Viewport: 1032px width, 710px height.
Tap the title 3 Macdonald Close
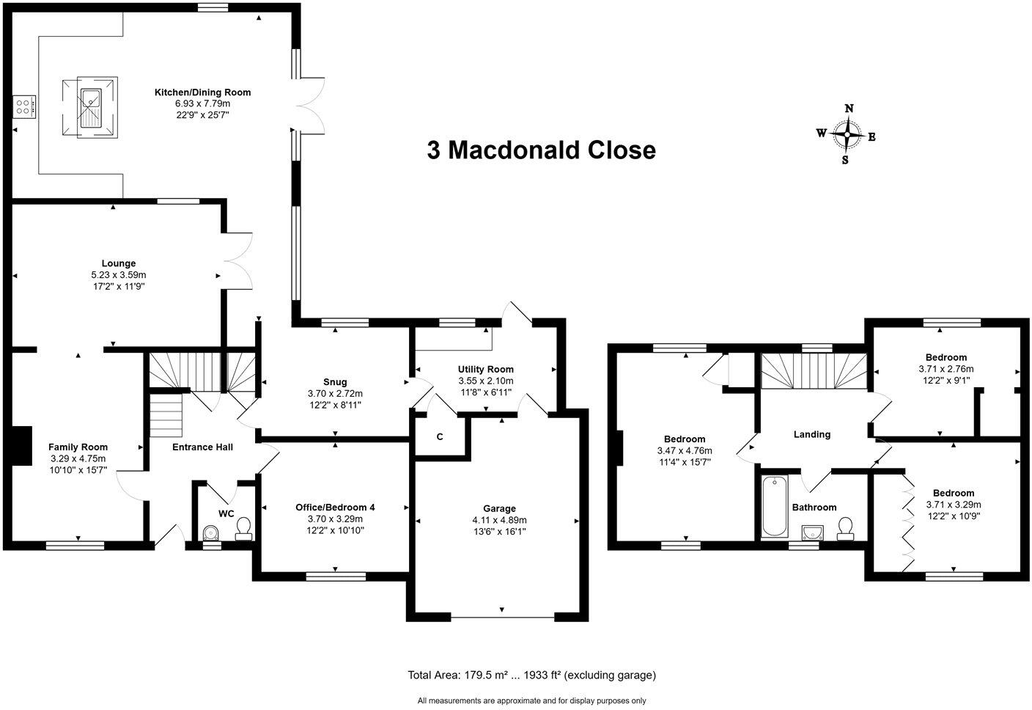(541, 150)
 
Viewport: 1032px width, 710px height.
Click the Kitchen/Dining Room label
(202, 92)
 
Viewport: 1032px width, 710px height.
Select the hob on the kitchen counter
(23, 107)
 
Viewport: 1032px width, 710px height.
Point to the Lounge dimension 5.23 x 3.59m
(119, 275)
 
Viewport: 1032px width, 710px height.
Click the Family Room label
(78, 447)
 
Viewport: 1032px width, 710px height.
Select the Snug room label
(335, 382)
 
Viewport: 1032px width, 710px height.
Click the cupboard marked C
(440, 437)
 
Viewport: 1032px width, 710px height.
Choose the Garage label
(499, 508)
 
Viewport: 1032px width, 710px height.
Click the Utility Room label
(485, 369)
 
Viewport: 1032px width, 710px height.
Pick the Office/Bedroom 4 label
(335, 508)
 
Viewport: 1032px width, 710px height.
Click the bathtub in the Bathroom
(774, 506)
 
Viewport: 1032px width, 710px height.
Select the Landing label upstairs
(811, 434)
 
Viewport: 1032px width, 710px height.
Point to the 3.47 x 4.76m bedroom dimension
(685, 451)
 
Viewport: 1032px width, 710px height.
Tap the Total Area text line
(531, 675)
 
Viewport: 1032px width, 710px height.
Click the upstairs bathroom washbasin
(812, 531)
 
